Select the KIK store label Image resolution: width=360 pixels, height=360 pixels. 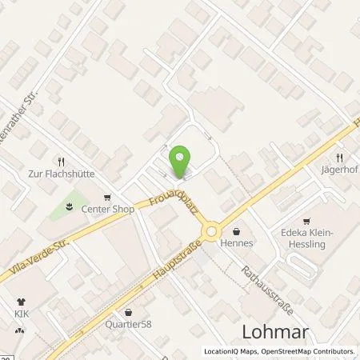[21, 315]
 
